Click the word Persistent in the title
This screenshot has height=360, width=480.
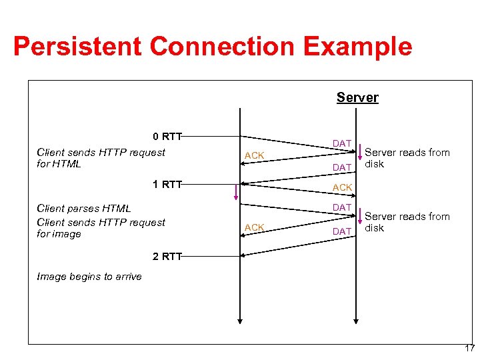pyautogui.click(x=78, y=47)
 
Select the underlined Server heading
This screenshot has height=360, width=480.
pyautogui.click(x=357, y=97)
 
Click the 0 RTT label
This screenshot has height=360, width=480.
pyautogui.click(x=167, y=137)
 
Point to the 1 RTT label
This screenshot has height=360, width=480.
pyautogui.click(x=167, y=185)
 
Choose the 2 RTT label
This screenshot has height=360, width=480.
pyautogui.click(x=167, y=257)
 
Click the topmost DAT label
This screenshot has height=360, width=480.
pyautogui.click(x=342, y=143)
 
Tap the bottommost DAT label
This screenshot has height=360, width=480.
pyautogui.click(x=342, y=231)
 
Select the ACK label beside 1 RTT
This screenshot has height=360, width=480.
pyautogui.click(x=342, y=188)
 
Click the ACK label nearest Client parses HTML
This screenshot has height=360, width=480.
pyautogui.click(x=255, y=227)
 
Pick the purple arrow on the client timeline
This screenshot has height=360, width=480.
pyautogui.click(x=235, y=191)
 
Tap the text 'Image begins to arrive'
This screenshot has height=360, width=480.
pyautogui.click(x=89, y=277)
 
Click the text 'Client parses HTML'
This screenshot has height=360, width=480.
pyautogui.click(x=84, y=209)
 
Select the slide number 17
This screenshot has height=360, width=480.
pyautogui.click(x=469, y=348)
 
